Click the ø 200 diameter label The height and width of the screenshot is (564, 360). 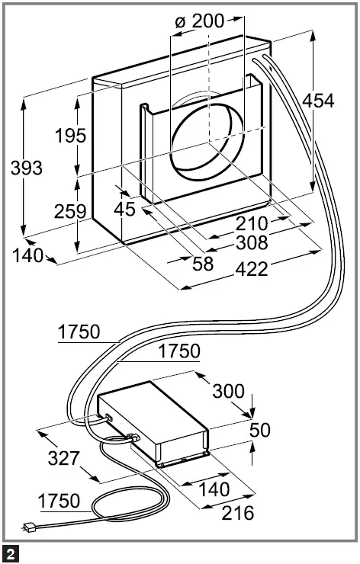[x=200, y=21]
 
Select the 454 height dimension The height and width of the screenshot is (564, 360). [x=318, y=100]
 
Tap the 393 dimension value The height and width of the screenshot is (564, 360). [x=27, y=168]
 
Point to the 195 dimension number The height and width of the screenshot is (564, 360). [x=70, y=136]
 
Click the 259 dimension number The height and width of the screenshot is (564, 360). [x=70, y=211]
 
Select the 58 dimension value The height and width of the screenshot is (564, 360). [x=203, y=263]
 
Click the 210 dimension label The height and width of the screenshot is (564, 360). [x=252, y=223]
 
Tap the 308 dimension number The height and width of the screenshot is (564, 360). [x=252, y=243]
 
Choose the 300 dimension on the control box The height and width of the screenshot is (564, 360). [x=229, y=392]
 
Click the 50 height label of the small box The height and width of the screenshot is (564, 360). [x=260, y=430]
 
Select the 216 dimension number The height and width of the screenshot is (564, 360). [x=237, y=512]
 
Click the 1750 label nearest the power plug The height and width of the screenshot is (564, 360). [x=59, y=501]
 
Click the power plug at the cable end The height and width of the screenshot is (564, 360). [x=30, y=527]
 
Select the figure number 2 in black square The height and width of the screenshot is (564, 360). [x=11, y=551]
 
